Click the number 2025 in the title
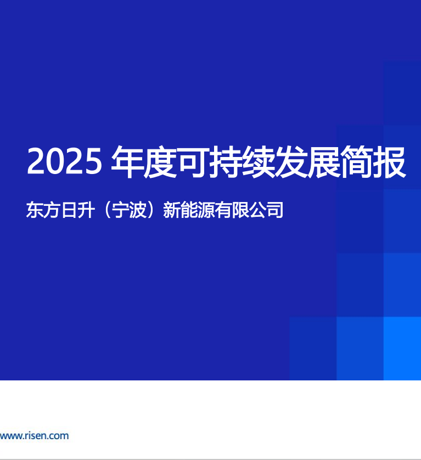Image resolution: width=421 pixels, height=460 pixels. [64, 161]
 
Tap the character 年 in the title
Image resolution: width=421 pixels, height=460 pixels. [127, 161]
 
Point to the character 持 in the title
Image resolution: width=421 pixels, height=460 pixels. [226, 161]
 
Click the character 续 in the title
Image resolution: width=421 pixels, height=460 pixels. [259, 161]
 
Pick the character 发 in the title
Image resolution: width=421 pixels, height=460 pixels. [291, 161]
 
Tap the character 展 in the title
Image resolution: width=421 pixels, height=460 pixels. [324, 161]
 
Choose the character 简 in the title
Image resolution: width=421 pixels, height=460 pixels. [357, 161]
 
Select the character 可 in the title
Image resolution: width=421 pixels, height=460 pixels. [193, 161]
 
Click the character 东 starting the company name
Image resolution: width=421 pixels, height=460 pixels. [35, 210]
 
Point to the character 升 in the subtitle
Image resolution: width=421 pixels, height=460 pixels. [86, 210]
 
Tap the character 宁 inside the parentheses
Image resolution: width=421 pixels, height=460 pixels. [121, 210]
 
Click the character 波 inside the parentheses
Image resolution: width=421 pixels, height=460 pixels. [138, 210]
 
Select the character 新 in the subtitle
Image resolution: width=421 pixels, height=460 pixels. [172, 210]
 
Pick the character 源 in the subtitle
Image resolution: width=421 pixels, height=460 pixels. [206, 210]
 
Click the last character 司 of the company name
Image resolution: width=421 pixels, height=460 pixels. [275, 210]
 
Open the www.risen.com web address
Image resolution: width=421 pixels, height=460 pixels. [35, 436]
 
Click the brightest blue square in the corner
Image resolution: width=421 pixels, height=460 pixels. [402, 349]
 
